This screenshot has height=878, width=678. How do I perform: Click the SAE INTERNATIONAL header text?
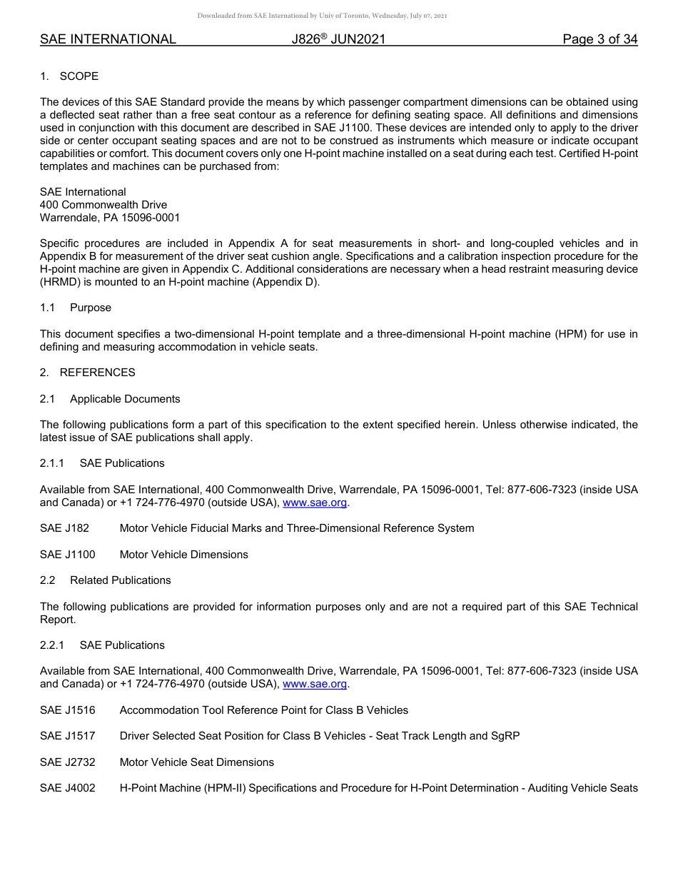point(108,40)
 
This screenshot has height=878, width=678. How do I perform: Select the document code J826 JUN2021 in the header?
point(338,40)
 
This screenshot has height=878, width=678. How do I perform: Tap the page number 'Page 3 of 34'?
point(599,40)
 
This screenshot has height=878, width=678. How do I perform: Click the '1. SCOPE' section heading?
point(69,76)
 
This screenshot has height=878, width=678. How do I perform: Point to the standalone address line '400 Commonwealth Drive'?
point(103,205)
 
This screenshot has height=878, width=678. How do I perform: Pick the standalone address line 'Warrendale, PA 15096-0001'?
point(110,218)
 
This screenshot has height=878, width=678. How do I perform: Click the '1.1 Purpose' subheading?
point(76,308)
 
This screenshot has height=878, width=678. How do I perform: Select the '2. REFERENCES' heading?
point(87,373)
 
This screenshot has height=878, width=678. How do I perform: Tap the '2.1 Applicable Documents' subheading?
point(110,399)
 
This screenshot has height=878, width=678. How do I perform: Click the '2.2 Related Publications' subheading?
point(106,580)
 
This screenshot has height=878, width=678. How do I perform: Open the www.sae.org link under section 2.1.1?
point(315,503)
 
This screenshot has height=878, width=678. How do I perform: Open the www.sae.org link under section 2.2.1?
point(315,685)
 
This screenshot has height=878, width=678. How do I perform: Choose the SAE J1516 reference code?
point(67,710)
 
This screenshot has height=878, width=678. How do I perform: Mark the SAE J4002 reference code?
point(67,788)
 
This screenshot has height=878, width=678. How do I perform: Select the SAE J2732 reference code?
point(67,762)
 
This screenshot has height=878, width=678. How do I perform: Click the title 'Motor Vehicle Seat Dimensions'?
point(196,762)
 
